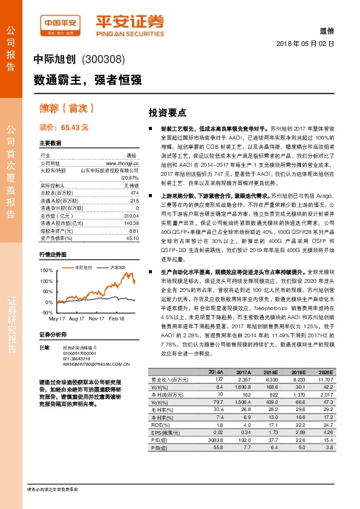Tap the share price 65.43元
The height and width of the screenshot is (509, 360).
pyautogui.click(x=64, y=128)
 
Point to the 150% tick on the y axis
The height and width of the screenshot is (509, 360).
pyautogui.click(x=46, y=270)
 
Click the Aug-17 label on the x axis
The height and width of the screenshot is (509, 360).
pyautogui.click(x=77, y=318)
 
